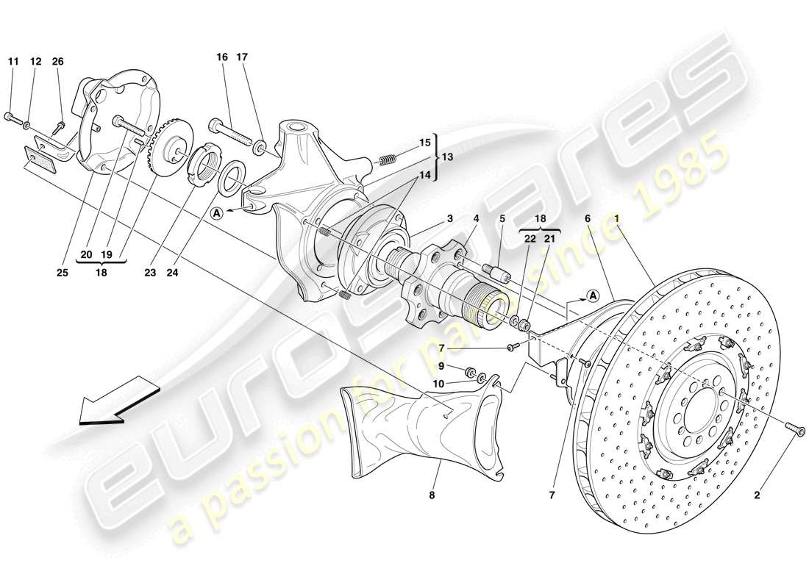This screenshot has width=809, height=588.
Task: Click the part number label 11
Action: click(12, 62)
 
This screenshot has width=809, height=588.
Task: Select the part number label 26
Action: click(57, 62)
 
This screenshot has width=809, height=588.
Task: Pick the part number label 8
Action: click(432, 496)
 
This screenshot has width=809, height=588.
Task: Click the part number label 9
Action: click(442, 365)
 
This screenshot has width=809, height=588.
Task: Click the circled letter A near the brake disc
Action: click(592, 296)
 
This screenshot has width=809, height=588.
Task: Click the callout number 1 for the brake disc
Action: click(616, 218)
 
